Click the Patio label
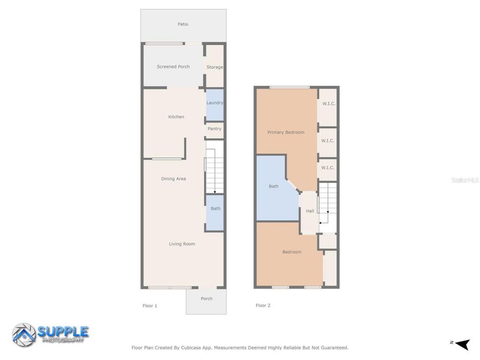(183, 24)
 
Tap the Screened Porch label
(173, 67)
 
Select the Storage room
(215, 67)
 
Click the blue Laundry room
(215, 103)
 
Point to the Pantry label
(214, 129)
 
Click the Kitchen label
(176, 117)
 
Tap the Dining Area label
(173, 179)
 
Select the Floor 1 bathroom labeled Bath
(215, 209)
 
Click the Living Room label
(182, 244)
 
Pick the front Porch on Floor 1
(206, 299)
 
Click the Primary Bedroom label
(286, 132)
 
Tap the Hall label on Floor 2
(310, 211)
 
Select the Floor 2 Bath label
(274, 187)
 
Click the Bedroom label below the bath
(292, 252)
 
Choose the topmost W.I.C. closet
(328, 103)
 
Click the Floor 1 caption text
(150, 306)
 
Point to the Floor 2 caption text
(263, 306)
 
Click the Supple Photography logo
(51, 334)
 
